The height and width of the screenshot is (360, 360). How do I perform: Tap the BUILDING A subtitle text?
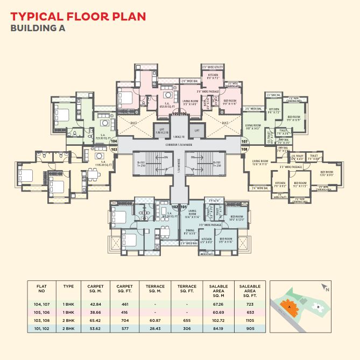38,29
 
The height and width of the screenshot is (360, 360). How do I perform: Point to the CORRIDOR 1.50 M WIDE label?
179,146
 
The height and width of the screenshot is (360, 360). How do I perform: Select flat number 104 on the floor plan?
114,141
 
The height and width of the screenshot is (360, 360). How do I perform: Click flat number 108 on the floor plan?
244,149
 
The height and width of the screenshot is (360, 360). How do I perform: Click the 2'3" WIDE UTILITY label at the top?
211,67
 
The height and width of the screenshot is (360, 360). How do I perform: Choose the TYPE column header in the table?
68,286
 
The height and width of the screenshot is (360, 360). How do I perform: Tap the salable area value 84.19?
218,328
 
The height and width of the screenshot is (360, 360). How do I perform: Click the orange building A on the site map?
291,306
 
